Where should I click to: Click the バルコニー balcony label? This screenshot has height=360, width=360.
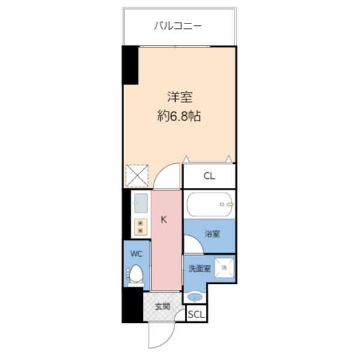coord(177,26)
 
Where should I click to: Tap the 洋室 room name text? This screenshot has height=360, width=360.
coord(179,97)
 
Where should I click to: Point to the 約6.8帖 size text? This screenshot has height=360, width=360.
coord(179,116)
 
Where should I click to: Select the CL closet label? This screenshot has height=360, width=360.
coord(209,176)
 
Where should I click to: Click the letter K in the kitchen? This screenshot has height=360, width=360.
coord(163,219)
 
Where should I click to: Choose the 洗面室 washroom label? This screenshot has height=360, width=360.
coord(199,269)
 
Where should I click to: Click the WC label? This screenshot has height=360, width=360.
coord(136,253)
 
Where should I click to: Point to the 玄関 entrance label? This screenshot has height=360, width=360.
coord(162,307)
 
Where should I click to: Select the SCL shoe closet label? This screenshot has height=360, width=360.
coord(196,314)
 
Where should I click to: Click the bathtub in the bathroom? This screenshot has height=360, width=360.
coord(209,205)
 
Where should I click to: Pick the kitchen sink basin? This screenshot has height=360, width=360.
coord(140,203)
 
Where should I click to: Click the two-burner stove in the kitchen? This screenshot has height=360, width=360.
coord(140,226)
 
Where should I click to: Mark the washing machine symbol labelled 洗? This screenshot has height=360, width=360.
coord(224,268)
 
